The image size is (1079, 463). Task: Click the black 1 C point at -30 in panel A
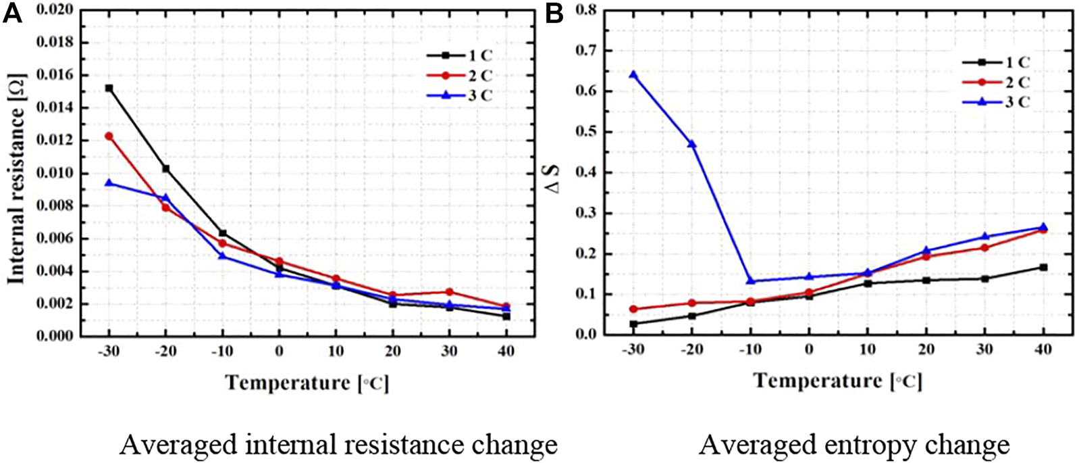click(x=109, y=89)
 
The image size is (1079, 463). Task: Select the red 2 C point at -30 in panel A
click(x=109, y=137)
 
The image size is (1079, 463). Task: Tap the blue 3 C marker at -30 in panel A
click(x=109, y=182)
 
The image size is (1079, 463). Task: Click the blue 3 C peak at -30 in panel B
click(x=633, y=74)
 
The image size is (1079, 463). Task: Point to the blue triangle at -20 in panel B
click(x=691, y=144)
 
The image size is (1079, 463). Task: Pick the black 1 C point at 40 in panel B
click(x=1043, y=268)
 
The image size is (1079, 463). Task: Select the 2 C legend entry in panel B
click(x=996, y=82)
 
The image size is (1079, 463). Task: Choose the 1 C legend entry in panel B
click(x=996, y=63)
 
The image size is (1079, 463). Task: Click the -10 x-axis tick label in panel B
click(x=749, y=350)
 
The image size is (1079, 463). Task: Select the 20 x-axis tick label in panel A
click(x=392, y=351)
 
